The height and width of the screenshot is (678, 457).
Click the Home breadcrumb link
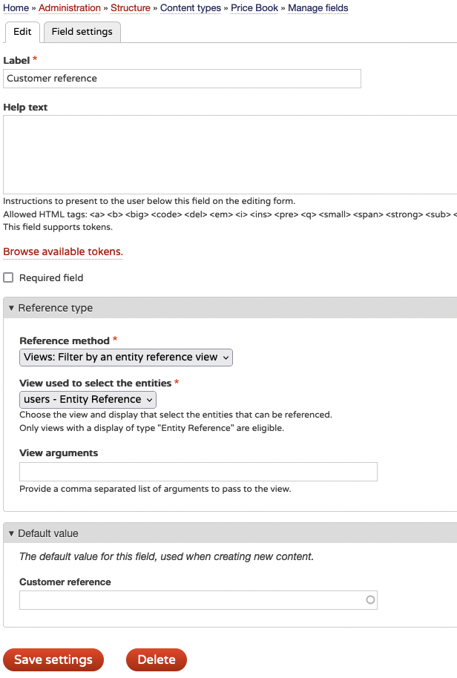[x=16, y=8]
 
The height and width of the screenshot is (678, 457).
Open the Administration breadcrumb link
[x=70, y=8]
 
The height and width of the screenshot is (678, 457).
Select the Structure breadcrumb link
[x=131, y=8]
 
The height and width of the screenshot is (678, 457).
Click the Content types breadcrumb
[x=191, y=8]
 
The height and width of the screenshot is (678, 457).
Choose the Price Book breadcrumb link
[x=254, y=8]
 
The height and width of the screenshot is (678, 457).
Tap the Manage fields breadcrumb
[x=318, y=8]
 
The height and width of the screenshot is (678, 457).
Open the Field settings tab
[x=82, y=32]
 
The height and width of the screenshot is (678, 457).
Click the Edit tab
[x=22, y=32]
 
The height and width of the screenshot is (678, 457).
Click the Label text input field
[x=182, y=79]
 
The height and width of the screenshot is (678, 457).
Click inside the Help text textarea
[x=230, y=154]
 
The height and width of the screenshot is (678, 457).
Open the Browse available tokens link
[x=63, y=252]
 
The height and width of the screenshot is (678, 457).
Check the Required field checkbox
[x=9, y=278]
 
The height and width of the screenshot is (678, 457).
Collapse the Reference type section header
[x=56, y=309]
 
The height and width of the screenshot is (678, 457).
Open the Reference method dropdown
[x=126, y=358]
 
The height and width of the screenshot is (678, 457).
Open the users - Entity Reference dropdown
[x=88, y=400]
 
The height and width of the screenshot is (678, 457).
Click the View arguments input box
[x=198, y=472]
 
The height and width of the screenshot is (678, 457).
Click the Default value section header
[x=48, y=533]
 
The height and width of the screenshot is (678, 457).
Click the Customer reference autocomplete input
[x=193, y=600]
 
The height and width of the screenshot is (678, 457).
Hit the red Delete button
[x=157, y=660]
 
